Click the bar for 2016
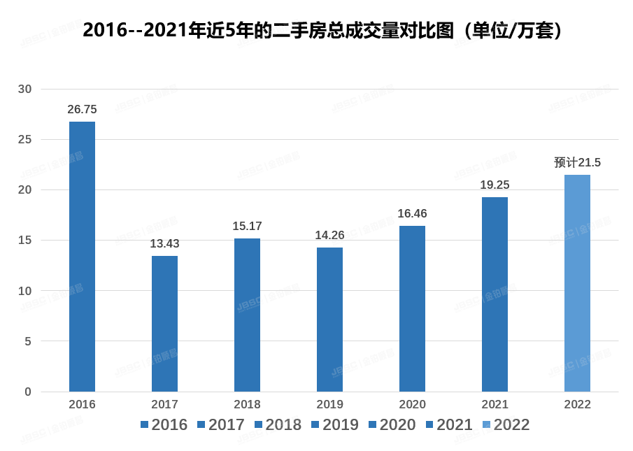click(82, 257)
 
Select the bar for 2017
click(164, 324)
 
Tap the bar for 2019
click(329, 320)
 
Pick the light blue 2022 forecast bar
click(577, 283)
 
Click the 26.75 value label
click(82, 110)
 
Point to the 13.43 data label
click(164, 244)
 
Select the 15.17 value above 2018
click(247, 227)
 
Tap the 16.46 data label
click(412, 214)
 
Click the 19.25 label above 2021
click(495, 185)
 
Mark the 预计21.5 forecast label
click(577, 163)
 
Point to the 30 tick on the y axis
click(25, 90)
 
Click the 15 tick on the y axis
click(25, 241)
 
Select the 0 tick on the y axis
click(28, 392)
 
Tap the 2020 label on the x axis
click(412, 405)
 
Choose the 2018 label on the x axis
click(247, 405)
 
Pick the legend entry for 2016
click(164, 425)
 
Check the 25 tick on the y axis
click(25, 140)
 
